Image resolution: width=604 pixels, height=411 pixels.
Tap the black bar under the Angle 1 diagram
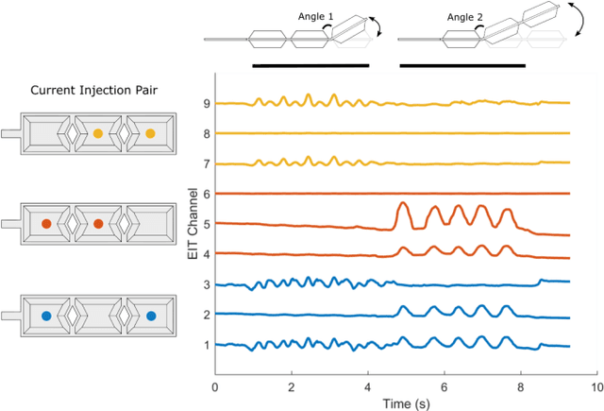click(x=310, y=66)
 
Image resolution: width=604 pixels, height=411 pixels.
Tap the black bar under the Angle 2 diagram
click(x=462, y=66)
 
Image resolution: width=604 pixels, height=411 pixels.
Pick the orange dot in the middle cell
click(x=97, y=225)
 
